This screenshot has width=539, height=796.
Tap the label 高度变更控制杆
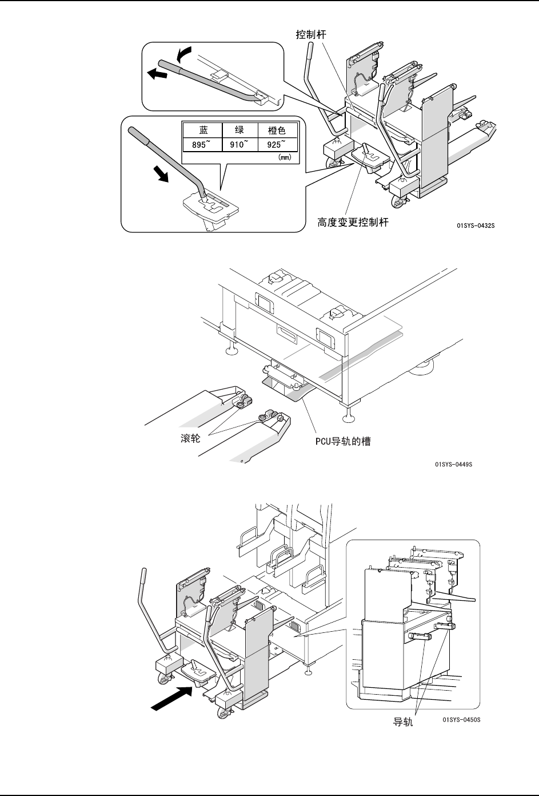point(353,223)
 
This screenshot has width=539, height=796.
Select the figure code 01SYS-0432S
point(476,226)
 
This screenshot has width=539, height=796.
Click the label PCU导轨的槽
point(342,442)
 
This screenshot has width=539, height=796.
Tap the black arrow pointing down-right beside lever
point(162,173)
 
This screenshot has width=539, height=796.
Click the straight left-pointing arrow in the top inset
point(156,73)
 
